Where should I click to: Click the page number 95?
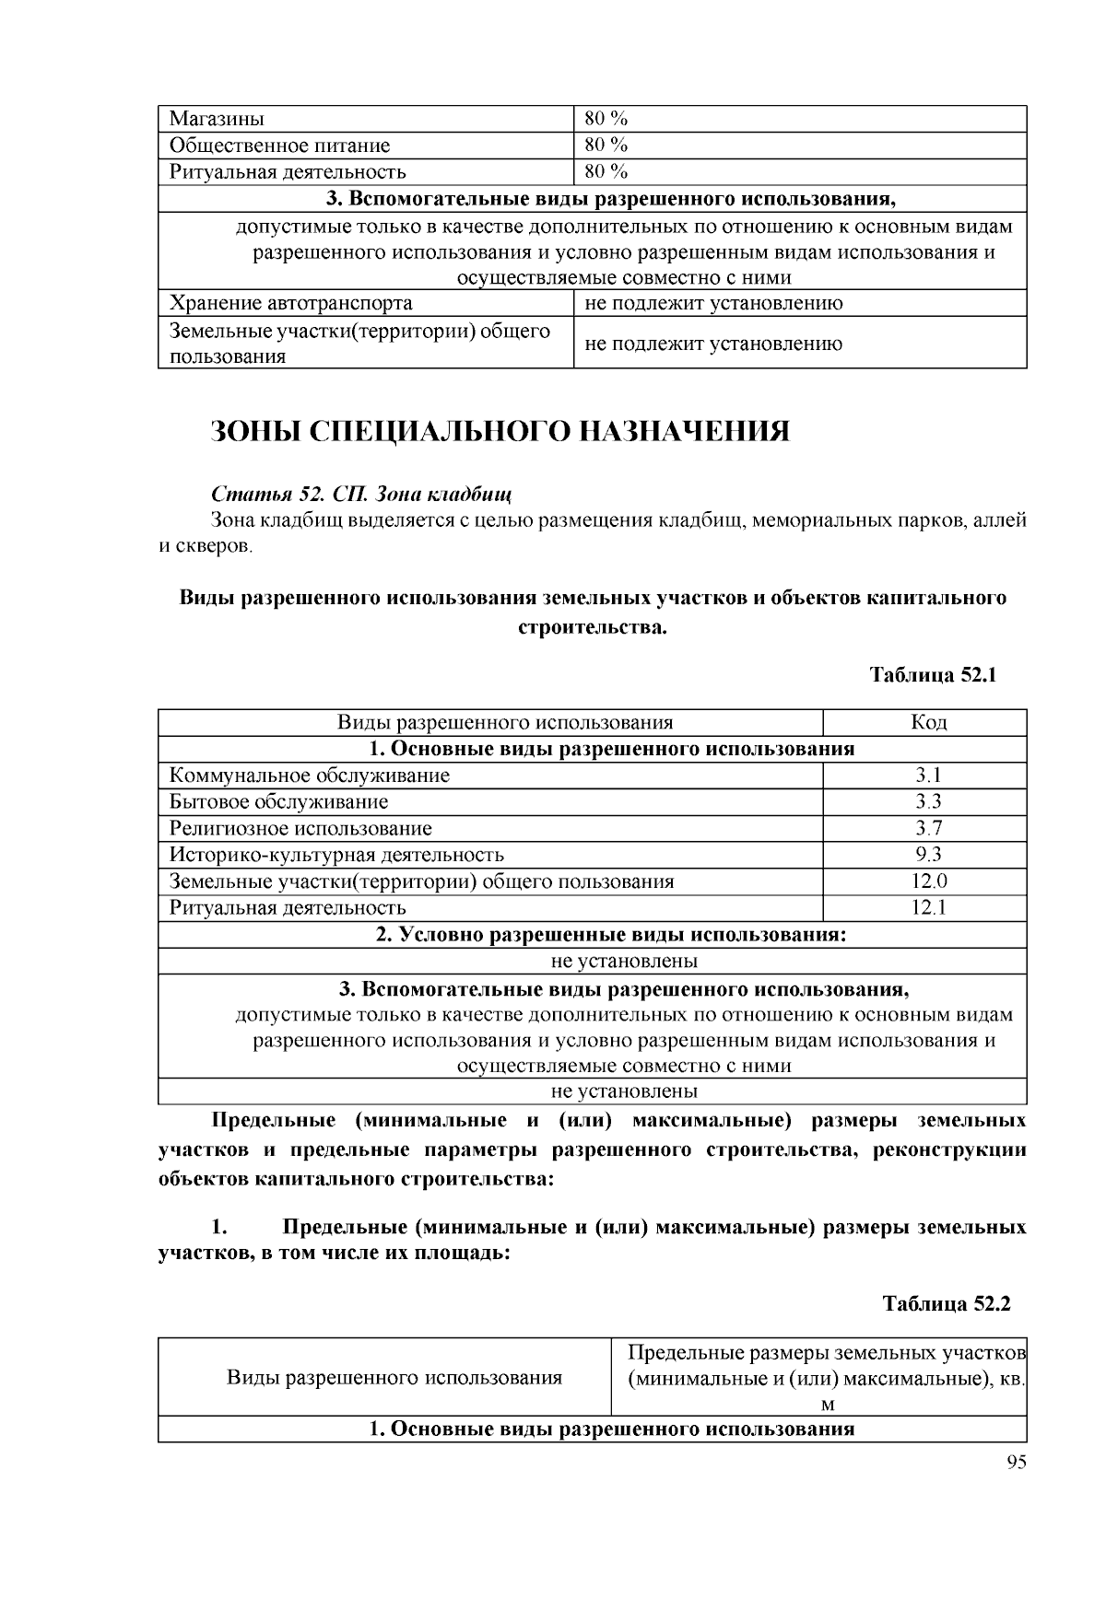[1016, 1464]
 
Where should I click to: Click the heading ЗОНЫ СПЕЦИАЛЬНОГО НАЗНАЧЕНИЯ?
[500, 431]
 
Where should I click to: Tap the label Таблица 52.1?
[935, 674]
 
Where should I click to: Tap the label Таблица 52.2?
[947, 1304]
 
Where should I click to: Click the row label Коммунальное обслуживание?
[310, 776]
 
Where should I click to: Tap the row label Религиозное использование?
[300, 828]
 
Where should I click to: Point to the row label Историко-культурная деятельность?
[336, 855]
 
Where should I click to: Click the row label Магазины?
[217, 119]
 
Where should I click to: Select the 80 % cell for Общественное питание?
[606, 146]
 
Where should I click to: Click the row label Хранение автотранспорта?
[290, 303]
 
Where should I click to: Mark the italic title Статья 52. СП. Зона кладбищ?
[361, 493]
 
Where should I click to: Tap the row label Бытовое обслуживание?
[278, 801]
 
